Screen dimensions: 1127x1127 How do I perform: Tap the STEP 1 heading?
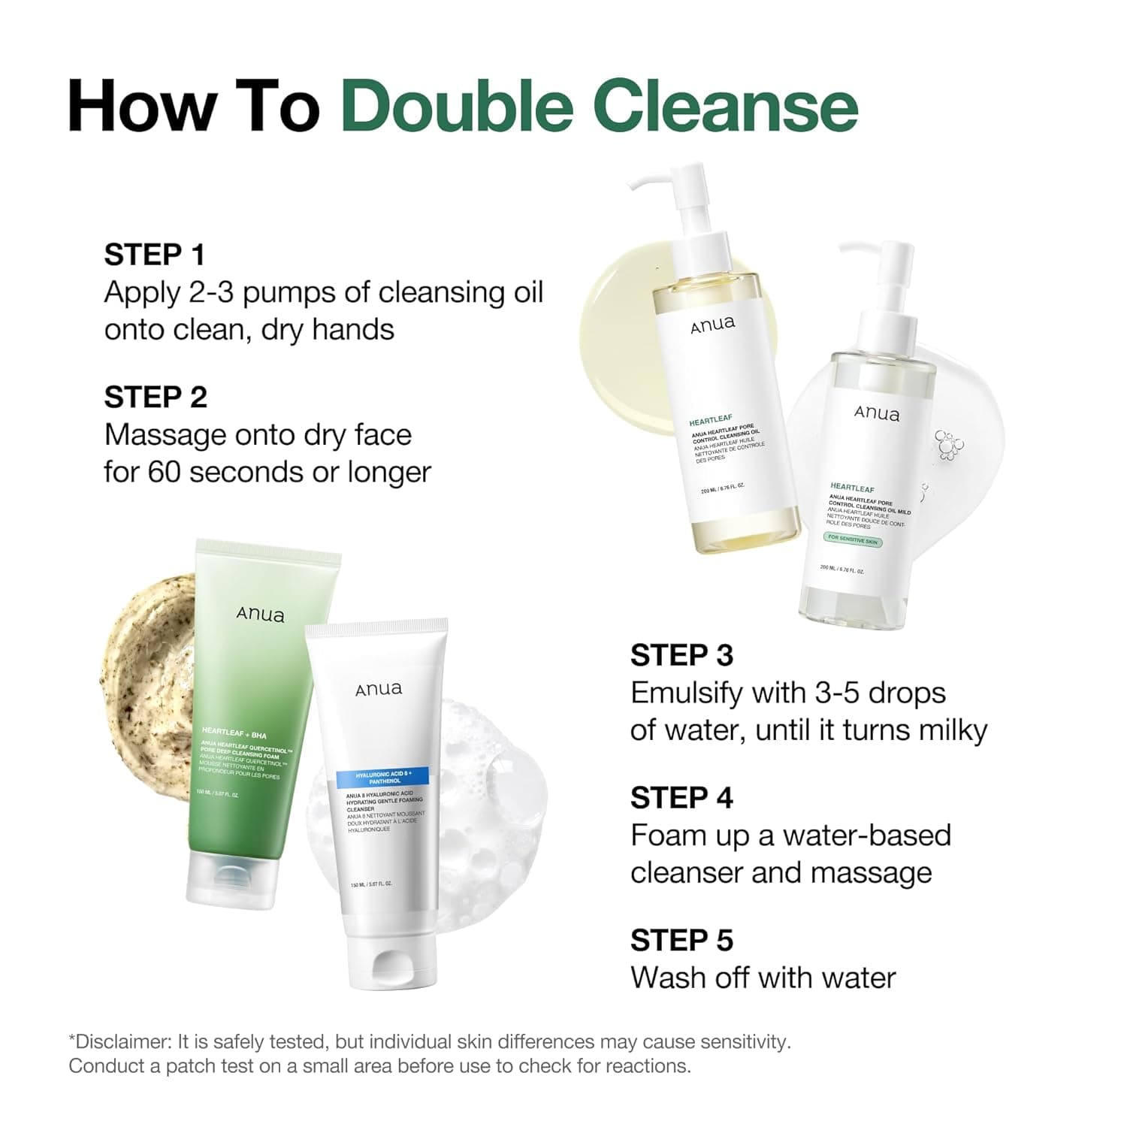tap(154, 255)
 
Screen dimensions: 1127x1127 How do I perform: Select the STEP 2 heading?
tap(155, 397)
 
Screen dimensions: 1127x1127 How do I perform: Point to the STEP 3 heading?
tap(681, 655)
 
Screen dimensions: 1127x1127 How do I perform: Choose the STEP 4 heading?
tap(681, 798)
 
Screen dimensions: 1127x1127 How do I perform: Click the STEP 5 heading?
tap(681, 941)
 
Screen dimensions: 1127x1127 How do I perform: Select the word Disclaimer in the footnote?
tap(120, 1042)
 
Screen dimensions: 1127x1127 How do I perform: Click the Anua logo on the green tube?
tap(260, 615)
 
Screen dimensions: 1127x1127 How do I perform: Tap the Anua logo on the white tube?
tap(378, 689)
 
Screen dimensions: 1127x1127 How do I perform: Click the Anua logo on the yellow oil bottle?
tap(712, 325)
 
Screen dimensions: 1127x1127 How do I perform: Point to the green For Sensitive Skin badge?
tap(852, 539)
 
